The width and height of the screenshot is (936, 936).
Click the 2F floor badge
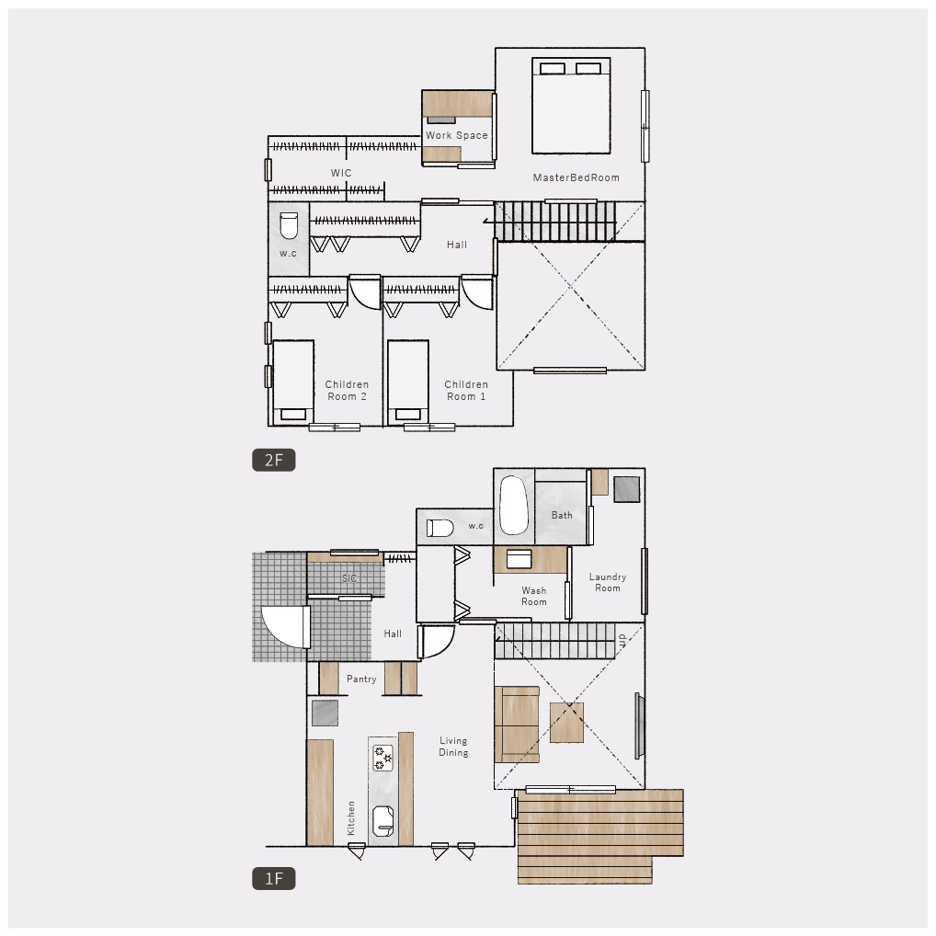pos(273,461)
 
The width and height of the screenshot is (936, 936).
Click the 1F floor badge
pos(273,879)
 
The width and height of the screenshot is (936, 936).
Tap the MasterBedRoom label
pos(576,177)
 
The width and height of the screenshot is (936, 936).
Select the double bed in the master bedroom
pos(571,106)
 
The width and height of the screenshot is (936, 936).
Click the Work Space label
pos(457,135)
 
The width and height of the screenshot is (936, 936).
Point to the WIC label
pos(341,173)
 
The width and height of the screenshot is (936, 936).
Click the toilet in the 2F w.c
pos(289,225)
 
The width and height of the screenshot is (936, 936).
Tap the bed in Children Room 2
pos(293,382)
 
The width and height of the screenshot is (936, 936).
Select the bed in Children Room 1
pos(407,382)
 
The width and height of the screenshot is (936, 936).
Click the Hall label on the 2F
pos(457,245)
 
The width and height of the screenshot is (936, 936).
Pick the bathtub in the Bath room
pos(514,505)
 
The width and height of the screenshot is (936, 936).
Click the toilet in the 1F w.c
pos(439,529)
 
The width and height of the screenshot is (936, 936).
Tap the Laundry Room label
pos(608,583)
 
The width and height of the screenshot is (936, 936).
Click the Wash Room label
pos(533,597)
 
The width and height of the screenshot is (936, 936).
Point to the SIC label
pos(349,578)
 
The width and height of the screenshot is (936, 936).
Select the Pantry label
pos(361,679)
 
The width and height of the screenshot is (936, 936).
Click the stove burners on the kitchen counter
pos(382,758)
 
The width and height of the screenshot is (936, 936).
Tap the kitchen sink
pos(382,821)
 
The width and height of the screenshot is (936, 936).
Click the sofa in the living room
pos(517,725)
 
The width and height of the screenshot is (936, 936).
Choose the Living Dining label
pos(453,747)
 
